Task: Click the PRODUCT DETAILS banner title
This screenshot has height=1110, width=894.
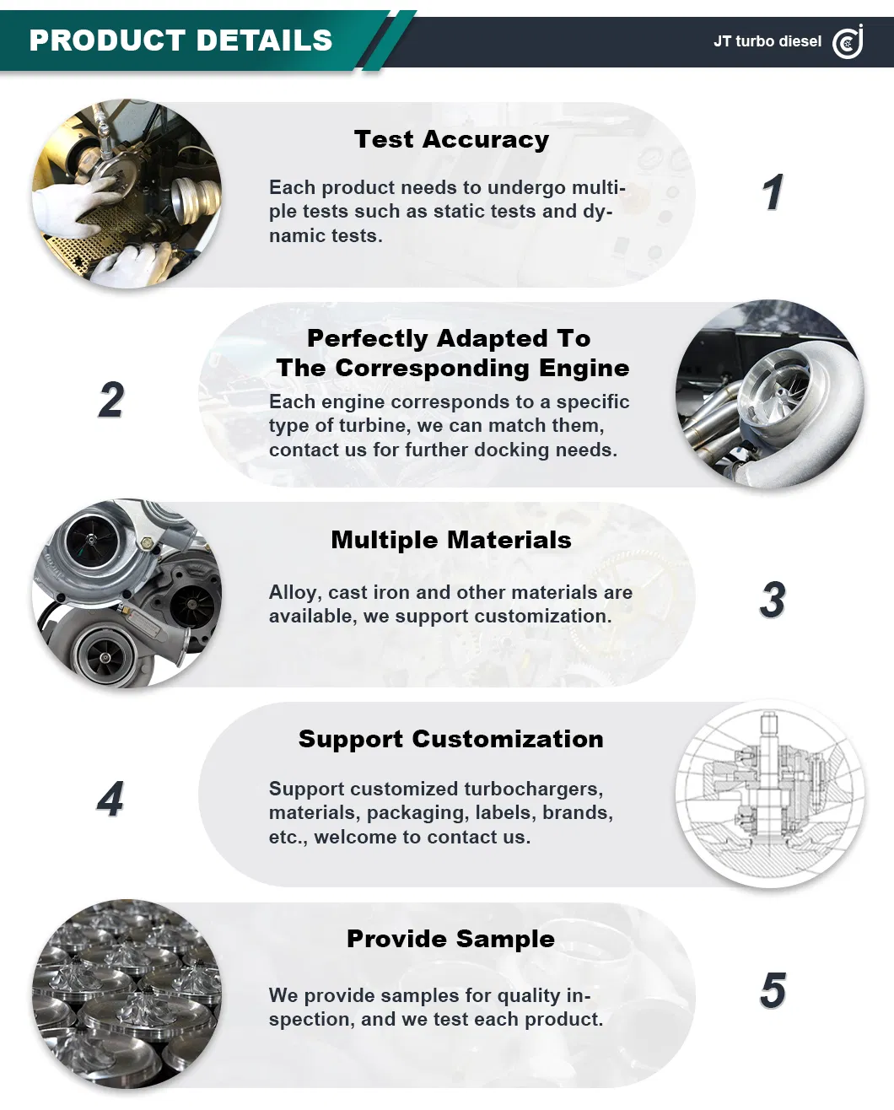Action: click(180, 40)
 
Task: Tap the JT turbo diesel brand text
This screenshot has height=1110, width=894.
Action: click(767, 41)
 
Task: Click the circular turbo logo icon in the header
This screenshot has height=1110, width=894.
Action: click(848, 41)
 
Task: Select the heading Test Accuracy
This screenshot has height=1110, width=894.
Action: click(451, 140)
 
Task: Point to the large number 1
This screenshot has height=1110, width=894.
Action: click(773, 191)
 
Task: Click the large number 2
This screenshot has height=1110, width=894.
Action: click(111, 399)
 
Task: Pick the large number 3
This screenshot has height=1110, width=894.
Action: click(773, 599)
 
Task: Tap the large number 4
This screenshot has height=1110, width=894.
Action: click(110, 799)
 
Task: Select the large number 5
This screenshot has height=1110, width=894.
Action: click(773, 990)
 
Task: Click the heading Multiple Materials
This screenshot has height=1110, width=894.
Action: click(451, 540)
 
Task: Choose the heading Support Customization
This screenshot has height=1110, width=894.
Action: click(451, 739)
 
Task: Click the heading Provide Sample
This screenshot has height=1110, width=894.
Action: click(451, 939)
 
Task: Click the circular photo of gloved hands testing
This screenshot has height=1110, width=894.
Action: click(127, 194)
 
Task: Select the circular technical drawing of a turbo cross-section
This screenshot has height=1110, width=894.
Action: click(770, 794)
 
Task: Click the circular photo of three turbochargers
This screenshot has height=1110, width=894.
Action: click(127, 593)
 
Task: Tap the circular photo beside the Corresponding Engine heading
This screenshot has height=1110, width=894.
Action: click(770, 394)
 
